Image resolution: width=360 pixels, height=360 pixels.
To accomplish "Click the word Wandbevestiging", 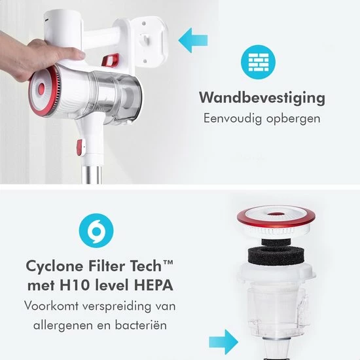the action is click(x=262, y=98).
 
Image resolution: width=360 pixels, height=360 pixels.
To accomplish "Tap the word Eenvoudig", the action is click(x=232, y=118).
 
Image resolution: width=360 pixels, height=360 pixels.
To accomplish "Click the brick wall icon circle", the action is click(x=259, y=62).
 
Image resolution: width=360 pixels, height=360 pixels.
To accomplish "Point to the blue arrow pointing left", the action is click(x=193, y=41).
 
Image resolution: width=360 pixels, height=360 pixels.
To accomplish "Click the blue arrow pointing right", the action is click(x=224, y=342).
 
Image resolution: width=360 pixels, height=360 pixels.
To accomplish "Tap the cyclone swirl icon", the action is click(x=96, y=230).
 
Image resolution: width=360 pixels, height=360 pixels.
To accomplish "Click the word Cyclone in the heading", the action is click(x=54, y=266).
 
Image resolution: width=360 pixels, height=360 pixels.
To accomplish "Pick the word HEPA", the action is click(x=154, y=285).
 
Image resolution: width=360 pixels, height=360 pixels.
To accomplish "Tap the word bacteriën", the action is click(x=141, y=325).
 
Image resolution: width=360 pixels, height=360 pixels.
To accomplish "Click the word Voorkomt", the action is click(x=51, y=306).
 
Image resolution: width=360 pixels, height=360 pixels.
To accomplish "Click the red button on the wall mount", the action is click(x=111, y=61).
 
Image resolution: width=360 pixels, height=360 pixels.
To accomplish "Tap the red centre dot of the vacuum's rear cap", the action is click(x=41, y=89).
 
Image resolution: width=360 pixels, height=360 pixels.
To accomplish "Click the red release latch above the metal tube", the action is click(x=79, y=147).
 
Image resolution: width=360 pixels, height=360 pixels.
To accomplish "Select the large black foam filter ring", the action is click(x=276, y=255).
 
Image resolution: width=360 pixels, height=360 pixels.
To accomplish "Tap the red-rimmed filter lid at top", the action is click(x=276, y=221).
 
